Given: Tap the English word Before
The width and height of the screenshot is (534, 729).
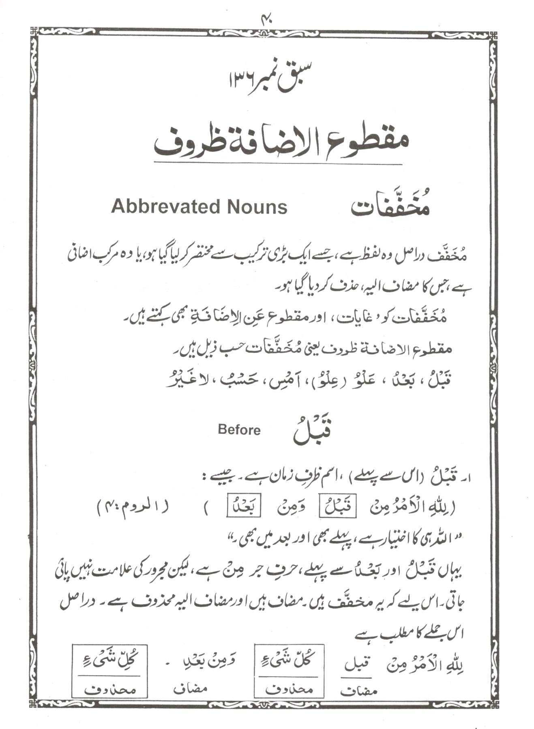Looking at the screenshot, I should point(239,430).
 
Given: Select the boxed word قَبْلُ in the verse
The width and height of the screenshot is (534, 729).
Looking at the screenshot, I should point(337,507).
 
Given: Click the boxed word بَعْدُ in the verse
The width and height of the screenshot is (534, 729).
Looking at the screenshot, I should point(244,507).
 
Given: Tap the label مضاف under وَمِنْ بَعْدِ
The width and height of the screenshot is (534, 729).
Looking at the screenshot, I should point(191,689).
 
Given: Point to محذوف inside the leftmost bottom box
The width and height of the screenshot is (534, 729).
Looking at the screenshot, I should point(110,690).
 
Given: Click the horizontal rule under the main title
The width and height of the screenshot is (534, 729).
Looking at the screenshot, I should point(278,164).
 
